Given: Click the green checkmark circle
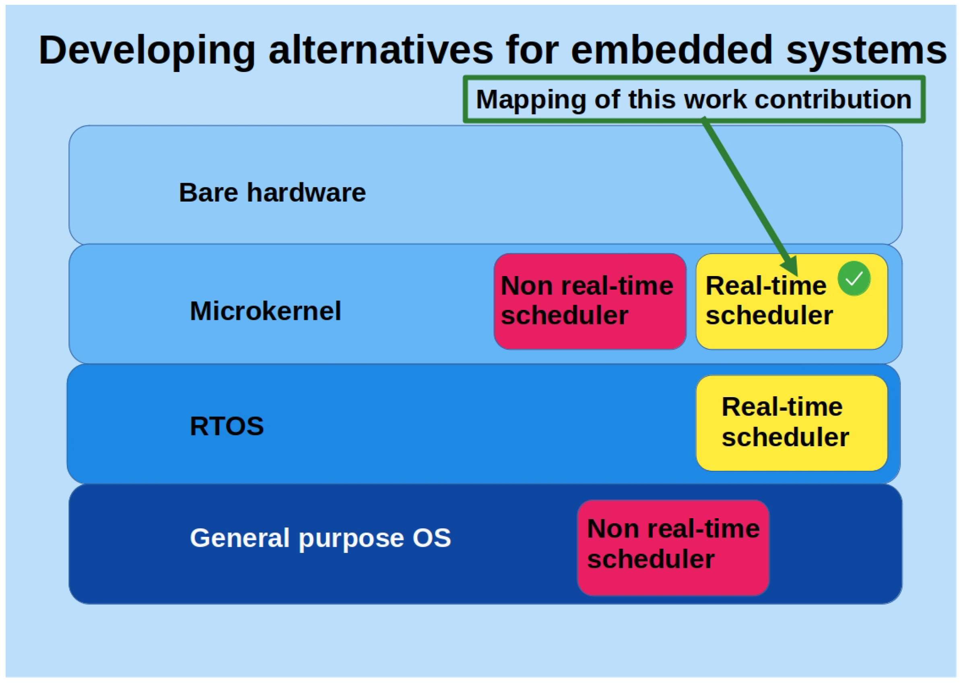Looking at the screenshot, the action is point(854,278).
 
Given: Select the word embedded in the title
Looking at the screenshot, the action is point(672,50).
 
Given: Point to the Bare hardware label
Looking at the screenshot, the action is point(272,192).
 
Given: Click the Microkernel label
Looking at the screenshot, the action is point(265,311).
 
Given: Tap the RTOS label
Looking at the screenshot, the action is point(227,426).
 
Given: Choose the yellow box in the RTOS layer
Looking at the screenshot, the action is point(792,423).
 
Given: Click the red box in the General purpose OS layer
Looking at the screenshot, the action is point(673,548).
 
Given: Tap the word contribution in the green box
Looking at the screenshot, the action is point(833,99).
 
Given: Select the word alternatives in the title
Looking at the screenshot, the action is point(380,51).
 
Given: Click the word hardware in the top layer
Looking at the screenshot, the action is point(306,192).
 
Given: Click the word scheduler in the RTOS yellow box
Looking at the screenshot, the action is point(785,437).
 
